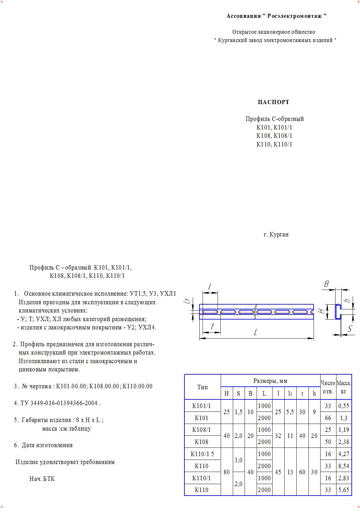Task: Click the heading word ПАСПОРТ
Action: click(x=273, y=102)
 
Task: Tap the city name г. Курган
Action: click(x=276, y=235)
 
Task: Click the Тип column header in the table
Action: click(x=202, y=387)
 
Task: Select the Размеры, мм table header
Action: click(x=270, y=381)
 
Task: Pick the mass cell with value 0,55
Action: click(x=344, y=406)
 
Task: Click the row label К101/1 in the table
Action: click(x=202, y=406)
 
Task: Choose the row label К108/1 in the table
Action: click(x=202, y=430)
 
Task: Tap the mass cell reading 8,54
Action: click(x=344, y=466)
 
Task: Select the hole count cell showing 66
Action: click(x=328, y=418)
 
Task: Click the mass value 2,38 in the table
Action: click(x=344, y=442)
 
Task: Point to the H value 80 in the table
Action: click(x=226, y=472)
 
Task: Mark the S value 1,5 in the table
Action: click(x=239, y=412)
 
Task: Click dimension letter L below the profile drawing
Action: click(x=255, y=332)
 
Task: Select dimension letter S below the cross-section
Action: click(x=350, y=329)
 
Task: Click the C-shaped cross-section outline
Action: click(x=337, y=311)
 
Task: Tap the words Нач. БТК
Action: click(x=42, y=479)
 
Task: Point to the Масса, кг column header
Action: click(x=344, y=387)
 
